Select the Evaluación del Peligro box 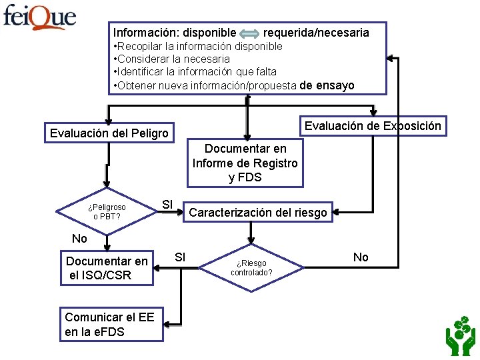coord(109,133)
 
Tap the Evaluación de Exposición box coord(373,125)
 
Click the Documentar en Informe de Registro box coord(245,163)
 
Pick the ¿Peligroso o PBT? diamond coord(106,212)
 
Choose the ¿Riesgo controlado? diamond coord(252,267)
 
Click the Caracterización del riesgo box coord(258,213)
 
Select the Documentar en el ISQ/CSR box coord(107,268)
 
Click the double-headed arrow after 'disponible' coord(250,33)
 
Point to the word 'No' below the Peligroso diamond coord(79,239)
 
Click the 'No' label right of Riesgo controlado coord(361,257)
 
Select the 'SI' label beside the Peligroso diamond coord(168,203)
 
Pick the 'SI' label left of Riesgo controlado coord(180,257)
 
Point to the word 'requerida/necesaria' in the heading coord(316,32)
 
